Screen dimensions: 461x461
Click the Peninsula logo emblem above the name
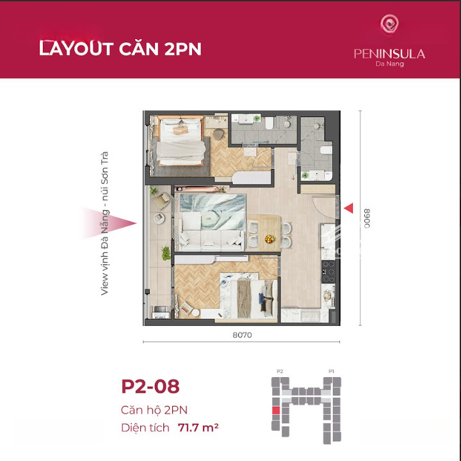pos(389,24)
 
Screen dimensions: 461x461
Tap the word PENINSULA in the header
pos(389,54)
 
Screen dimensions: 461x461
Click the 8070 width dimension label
pos(242,335)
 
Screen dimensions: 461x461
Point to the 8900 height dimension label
pos(367,218)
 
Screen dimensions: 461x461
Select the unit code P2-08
pos(150,386)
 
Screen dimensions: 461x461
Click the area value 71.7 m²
pos(198,428)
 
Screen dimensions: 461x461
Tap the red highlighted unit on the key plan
pos(275,410)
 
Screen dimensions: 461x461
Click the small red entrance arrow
pos(348,208)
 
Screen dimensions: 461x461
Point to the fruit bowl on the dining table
pos(270,239)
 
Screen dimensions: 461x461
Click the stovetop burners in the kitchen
pos(328,271)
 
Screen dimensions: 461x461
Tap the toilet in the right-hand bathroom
pos(326,150)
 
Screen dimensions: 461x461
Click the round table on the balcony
pos(159,218)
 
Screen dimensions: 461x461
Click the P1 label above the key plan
pos(331,371)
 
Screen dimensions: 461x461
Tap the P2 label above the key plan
pos(280,371)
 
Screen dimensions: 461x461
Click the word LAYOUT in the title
pos(76,49)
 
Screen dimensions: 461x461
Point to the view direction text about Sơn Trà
pos(104,223)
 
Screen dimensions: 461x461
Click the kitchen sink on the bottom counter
pos(310,316)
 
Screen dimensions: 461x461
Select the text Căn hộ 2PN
pos(154,410)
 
